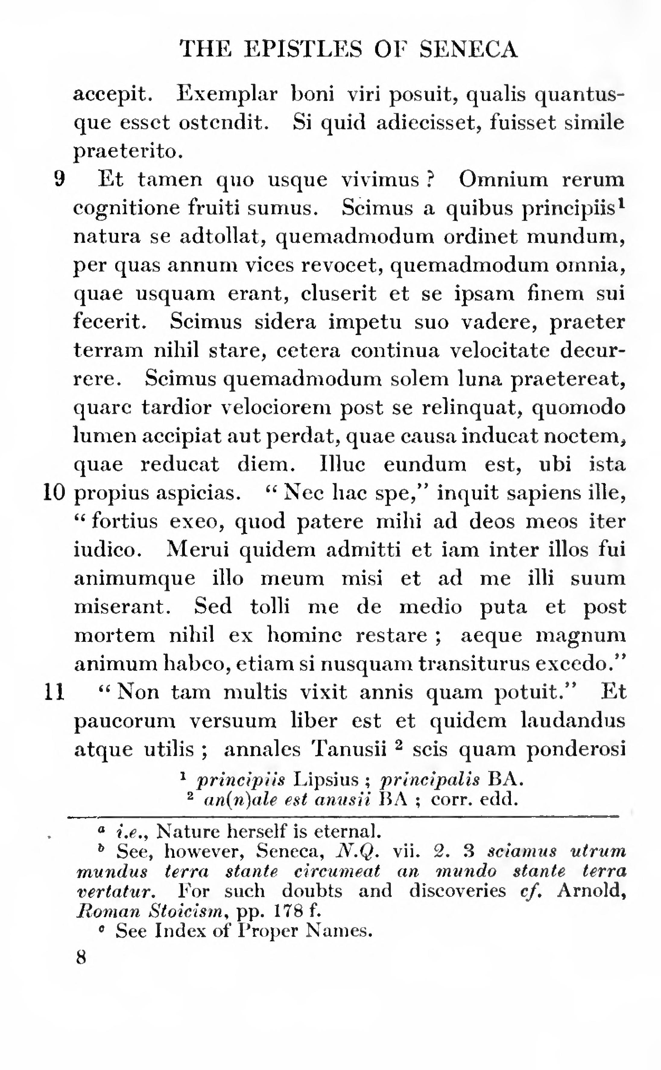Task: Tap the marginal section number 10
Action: (54, 493)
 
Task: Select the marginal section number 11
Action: (55, 692)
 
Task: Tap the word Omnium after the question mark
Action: (503, 179)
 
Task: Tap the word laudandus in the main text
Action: (573, 720)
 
